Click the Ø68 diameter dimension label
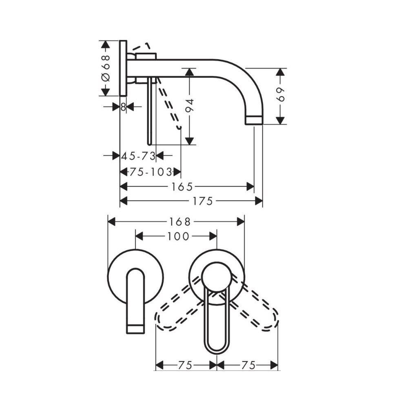[106, 68]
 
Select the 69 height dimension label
[280, 95]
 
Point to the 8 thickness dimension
[123, 106]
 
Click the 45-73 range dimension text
[138, 156]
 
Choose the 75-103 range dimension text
[151, 172]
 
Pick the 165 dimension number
[182, 186]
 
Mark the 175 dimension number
[202, 201]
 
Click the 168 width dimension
[180, 222]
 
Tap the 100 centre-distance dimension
[178, 237]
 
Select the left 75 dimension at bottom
[185, 365]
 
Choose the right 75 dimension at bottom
[248, 365]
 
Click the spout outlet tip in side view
[254, 120]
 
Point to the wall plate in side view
[123, 68]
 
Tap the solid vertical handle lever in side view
[149, 112]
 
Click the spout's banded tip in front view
[135, 329]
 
